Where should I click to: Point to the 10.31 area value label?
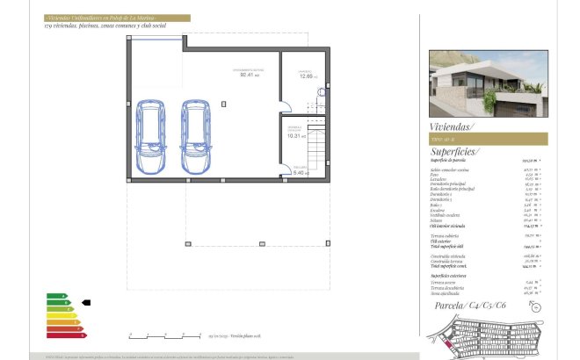(x=295, y=136)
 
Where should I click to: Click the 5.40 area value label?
(x=299, y=172)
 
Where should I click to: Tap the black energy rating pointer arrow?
(x=86, y=302)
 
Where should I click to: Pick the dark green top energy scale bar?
(x=54, y=296)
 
